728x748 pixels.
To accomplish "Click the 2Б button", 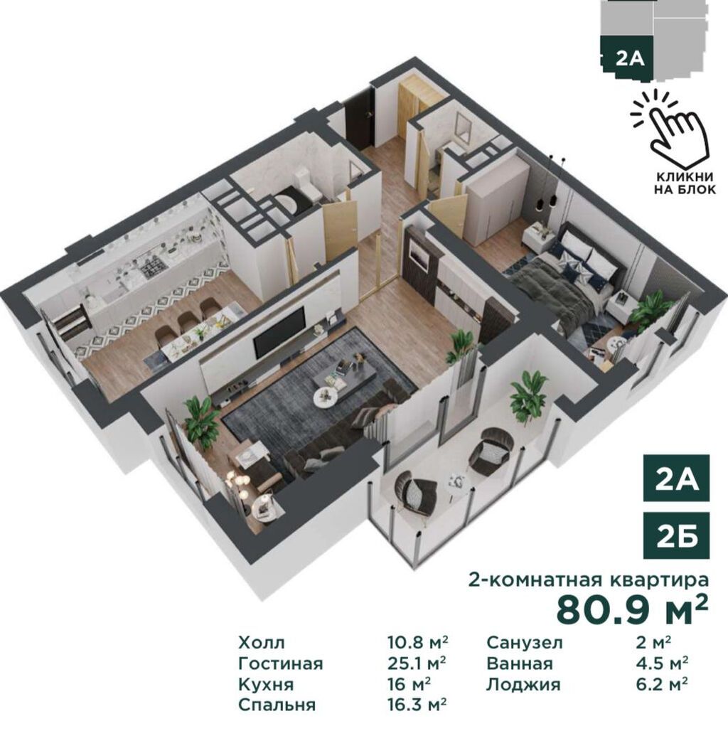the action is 676,535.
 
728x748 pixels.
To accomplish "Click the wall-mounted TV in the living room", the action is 279,332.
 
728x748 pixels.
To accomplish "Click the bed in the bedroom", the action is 563,279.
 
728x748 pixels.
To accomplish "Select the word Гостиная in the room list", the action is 281,663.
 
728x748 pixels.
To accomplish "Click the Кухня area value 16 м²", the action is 409,684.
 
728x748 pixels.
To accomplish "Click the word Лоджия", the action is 523,685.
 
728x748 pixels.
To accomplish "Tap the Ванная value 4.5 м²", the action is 662,663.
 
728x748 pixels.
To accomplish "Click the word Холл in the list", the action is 262,643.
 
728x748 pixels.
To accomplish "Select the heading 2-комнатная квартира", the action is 588,579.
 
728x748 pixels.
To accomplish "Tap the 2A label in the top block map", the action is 630,59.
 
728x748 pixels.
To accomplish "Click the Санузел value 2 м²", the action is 653,642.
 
